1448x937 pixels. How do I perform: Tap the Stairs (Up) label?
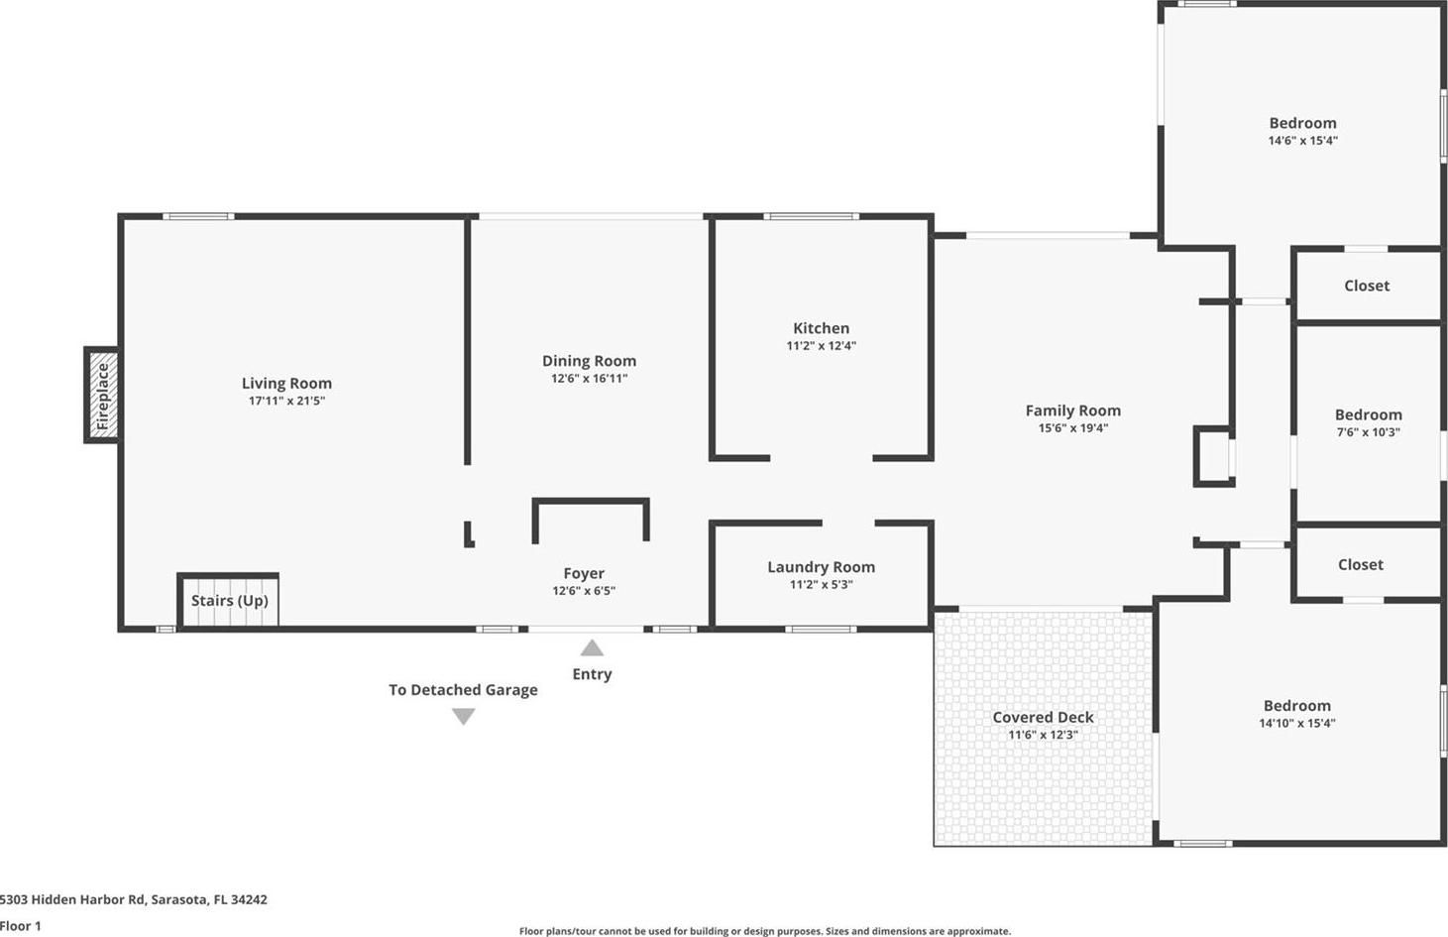[230, 601]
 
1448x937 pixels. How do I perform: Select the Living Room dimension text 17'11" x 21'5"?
[287, 401]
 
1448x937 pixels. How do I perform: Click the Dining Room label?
[589, 361]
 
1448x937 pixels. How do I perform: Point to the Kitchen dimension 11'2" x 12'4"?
[821, 346]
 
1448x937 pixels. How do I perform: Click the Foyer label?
[584, 573]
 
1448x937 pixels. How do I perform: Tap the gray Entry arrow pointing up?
[592, 647]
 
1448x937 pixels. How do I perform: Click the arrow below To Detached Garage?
[464, 717]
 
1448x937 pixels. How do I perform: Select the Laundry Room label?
[821, 567]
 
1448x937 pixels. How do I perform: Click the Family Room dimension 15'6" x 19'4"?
[1073, 428]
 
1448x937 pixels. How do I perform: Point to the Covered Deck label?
[1044, 717]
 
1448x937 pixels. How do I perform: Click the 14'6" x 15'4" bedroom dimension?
[1302, 141]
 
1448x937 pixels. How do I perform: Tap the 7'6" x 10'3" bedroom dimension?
[1369, 432]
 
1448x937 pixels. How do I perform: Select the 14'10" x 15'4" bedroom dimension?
[1297, 723]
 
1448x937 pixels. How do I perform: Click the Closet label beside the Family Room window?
[1367, 286]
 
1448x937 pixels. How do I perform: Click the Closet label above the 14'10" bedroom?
[1361, 564]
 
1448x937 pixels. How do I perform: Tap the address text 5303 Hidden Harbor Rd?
[73, 899]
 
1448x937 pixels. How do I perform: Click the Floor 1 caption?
[21, 926]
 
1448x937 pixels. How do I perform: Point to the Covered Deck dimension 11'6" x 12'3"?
[1044, 736]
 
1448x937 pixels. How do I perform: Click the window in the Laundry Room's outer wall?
[821, 630]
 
